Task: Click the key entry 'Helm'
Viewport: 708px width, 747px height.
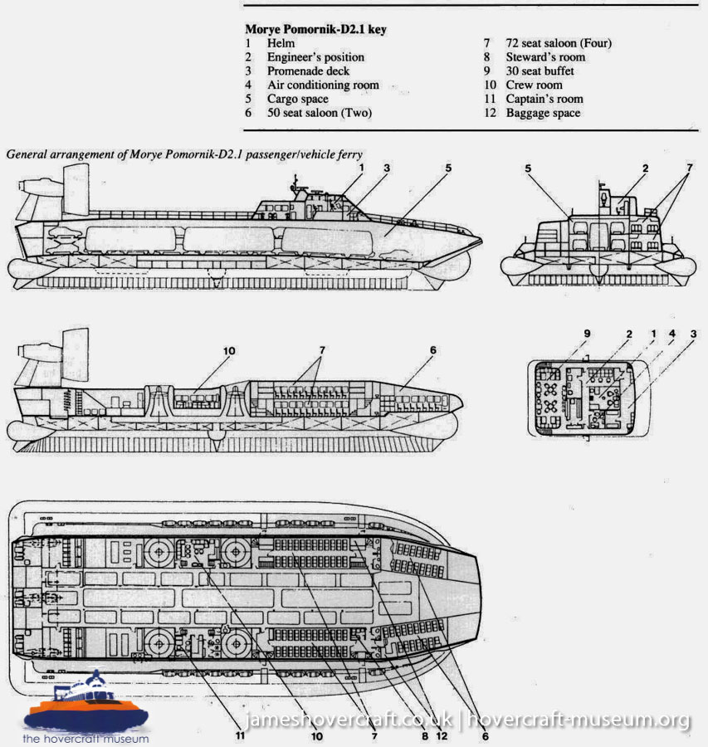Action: (281, 43)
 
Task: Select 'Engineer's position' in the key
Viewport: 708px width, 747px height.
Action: (315, 57)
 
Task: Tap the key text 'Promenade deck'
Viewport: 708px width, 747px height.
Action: (308, 71)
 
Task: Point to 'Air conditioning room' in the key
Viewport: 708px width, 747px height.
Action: (323, 85)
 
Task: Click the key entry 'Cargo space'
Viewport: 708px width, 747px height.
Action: (298, 99)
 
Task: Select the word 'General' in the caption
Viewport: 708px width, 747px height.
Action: (28, 154)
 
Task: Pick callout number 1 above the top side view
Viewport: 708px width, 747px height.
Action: (362, 168)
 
